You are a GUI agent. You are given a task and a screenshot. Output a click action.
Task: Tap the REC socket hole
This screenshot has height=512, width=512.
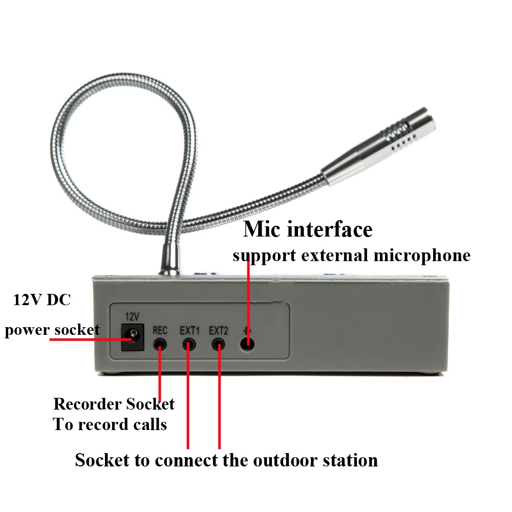(x=161, y=343)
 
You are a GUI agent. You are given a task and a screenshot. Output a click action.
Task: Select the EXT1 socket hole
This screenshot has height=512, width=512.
(x=190, y=343)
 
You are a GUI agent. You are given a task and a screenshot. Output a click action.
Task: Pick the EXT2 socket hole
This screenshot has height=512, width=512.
(x=220, y=343)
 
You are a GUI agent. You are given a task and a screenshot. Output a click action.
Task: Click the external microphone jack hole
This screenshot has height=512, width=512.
(x=248, y=343)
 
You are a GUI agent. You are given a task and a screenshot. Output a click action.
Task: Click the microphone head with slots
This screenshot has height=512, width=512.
(x=404, y=136)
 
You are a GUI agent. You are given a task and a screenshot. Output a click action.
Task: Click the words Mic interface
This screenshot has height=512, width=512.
(x=308, y=229)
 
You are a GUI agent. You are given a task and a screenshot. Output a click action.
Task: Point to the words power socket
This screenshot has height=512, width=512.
(x=52, y=330)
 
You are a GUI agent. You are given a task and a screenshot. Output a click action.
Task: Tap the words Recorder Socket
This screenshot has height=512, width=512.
(x=114, y=404)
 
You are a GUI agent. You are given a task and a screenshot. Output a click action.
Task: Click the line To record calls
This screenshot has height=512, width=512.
(x=110, y=424)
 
